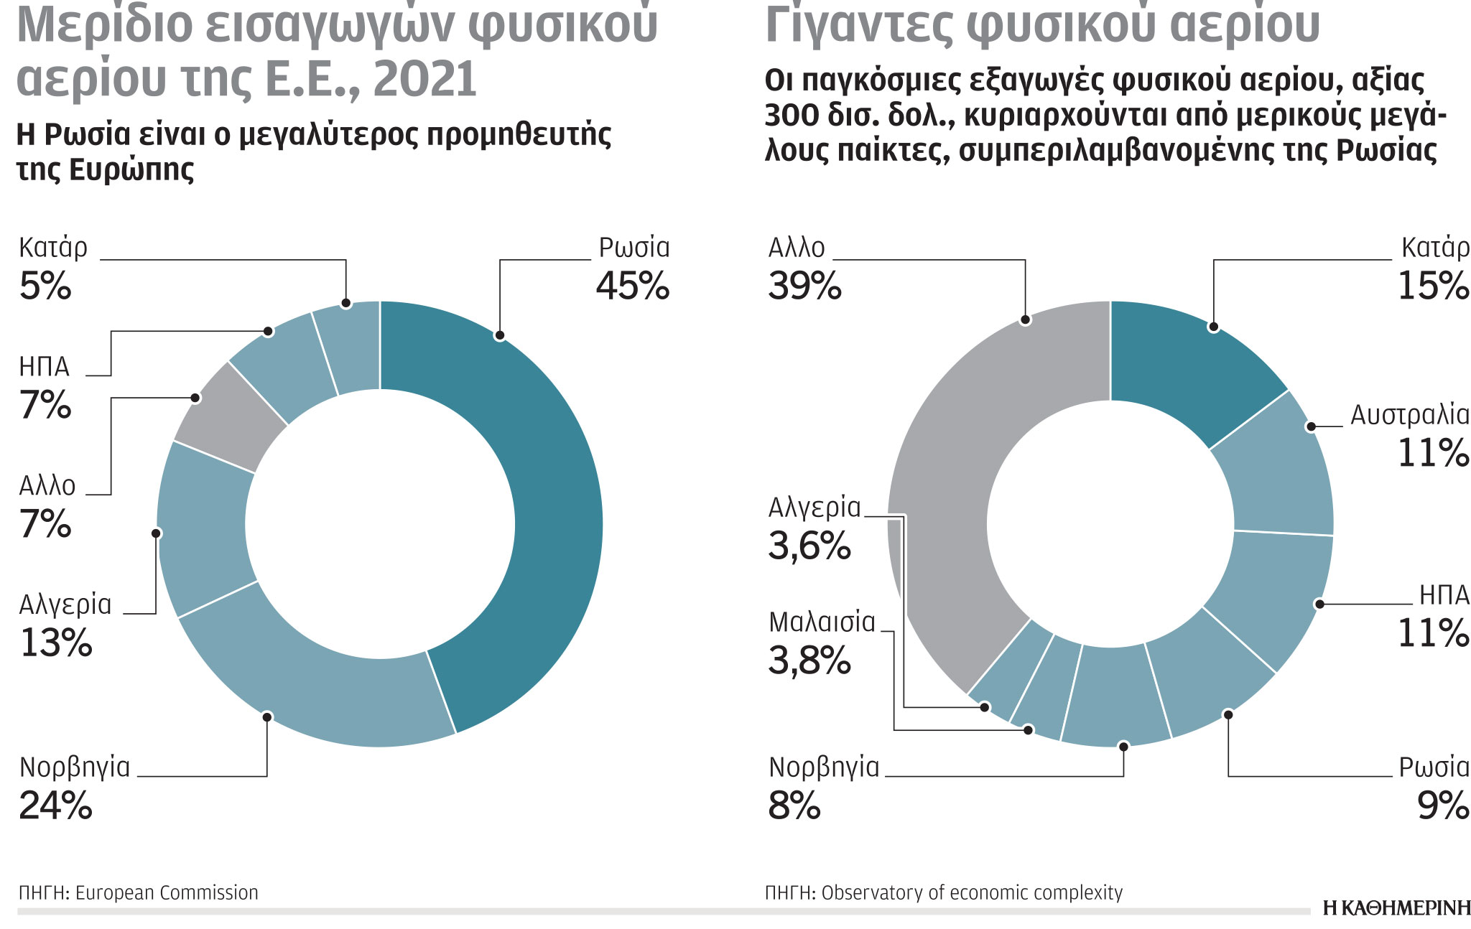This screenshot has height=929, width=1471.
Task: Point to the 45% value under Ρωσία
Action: coord(632,286)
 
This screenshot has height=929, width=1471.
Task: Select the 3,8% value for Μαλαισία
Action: coord(809,660)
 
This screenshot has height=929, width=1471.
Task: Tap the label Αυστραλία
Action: coord(1409,415)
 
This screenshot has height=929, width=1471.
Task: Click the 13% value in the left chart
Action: coord(56,643)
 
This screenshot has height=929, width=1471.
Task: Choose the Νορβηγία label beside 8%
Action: coord(824,767)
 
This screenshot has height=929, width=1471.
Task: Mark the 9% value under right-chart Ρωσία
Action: coord(1442,806)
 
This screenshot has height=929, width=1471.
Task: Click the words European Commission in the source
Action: coord(167,892)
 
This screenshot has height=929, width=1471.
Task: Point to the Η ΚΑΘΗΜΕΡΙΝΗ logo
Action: coord(1396,908)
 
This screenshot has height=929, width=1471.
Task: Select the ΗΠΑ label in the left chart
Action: coord(44,367)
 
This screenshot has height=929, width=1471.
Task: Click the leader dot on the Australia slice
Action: coord(1311,426)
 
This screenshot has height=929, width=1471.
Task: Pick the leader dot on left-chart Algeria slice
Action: coord(157,533)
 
